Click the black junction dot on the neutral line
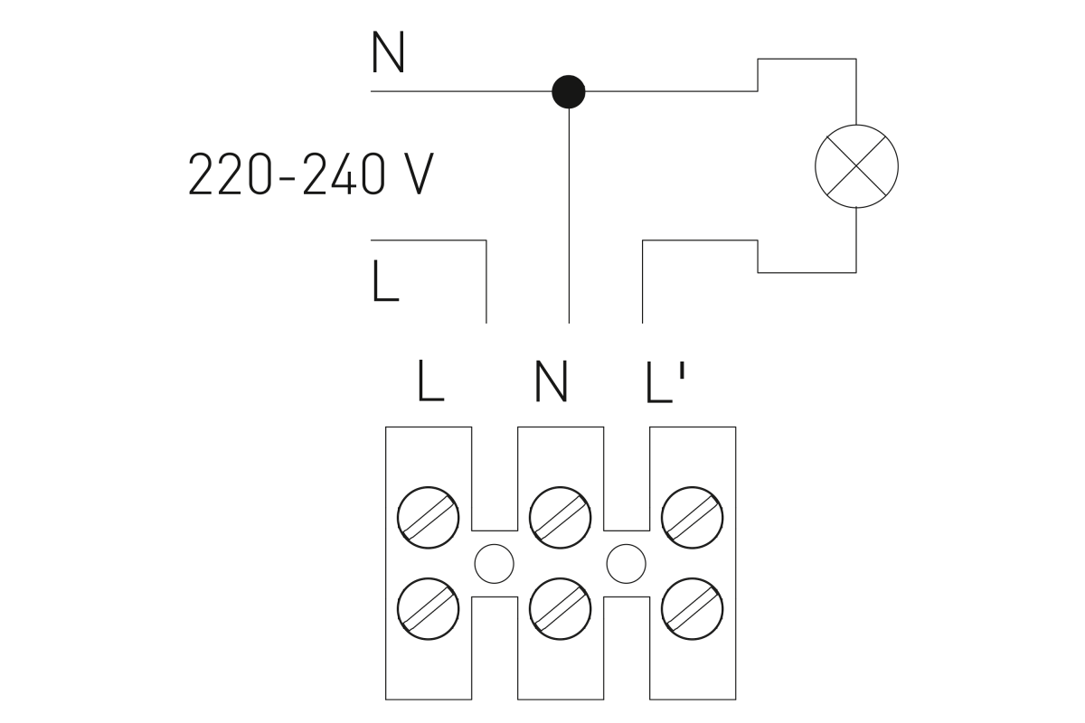click(x=569, y=91)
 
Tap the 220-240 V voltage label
click(x=311, y=174)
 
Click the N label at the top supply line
click(x=388, y=52)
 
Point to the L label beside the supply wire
click(x=385, y=281)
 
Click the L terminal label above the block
click(x=430, y=380)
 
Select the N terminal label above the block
click(x=551, y=380)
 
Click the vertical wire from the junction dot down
click(x=569, y=215)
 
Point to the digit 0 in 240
click(x=373, y=174)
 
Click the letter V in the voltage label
click(x=419, y=174)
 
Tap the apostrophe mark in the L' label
click(x=683, y=371)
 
